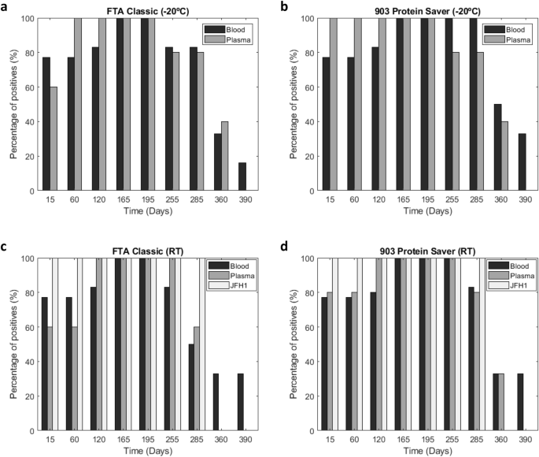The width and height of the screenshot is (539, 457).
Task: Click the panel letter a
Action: click(x=6, y=6)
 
